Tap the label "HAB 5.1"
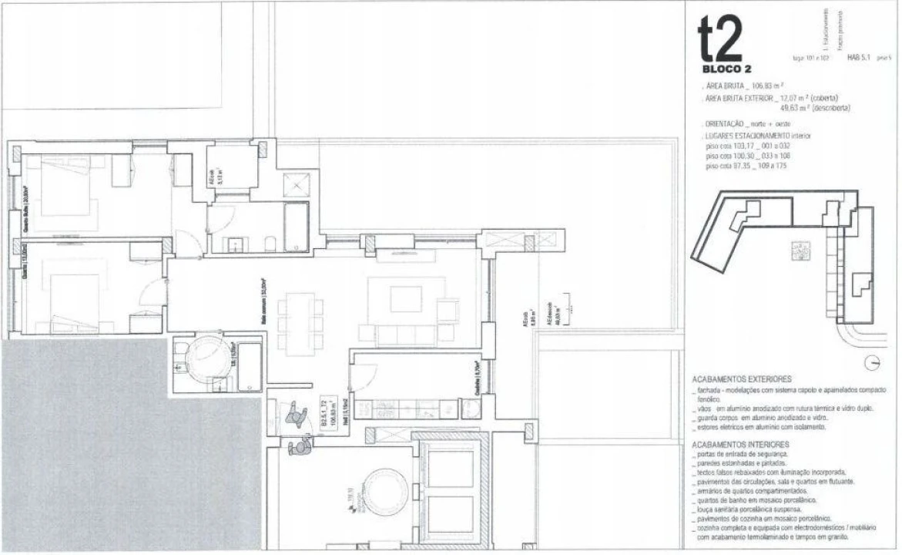[859, 57]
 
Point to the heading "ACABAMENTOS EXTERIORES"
[742, 379]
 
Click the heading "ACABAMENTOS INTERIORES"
[740, 445]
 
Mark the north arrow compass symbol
[873, 362]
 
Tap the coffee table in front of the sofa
[406, 299]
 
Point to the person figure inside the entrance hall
[297, 417]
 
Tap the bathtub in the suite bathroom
[296, 226]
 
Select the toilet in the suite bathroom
[270, 244]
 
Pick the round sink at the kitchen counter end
[468, 408]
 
